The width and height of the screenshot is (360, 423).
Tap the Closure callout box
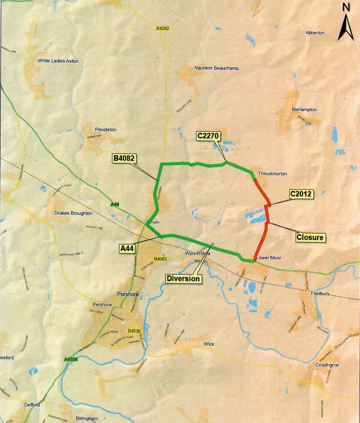click(x=310, y=237)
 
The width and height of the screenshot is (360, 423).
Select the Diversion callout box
click(x=183, y=279)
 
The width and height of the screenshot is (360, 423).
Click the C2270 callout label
click(x=208, y=136)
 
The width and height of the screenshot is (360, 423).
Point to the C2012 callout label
click(x=301, y=194)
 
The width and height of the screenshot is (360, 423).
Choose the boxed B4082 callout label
click(x=124, y=158)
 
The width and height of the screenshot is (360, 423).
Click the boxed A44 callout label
click(x=127, y=248)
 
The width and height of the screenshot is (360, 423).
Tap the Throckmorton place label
click(x=272, y=174)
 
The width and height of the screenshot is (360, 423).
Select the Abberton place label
click(x=315, y=33)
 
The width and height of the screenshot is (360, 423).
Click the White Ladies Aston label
click(x=58, y=61)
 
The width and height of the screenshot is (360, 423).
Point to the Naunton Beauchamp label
click(x=217, y=68)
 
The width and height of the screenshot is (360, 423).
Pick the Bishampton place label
click(x=304, y=109)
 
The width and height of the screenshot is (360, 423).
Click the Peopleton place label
click(x=105, y=129)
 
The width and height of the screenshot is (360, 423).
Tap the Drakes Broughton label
click(x=73, y=213)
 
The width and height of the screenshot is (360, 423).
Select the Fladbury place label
click(x=320, y=294)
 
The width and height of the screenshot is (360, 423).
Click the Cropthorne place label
click(x=327, y=365)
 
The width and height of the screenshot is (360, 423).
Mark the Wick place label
click(x=209, y=344)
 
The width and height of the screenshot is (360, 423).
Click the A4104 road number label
click(x=71, y=359)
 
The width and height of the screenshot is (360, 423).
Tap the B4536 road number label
click(x=134, y=331)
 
